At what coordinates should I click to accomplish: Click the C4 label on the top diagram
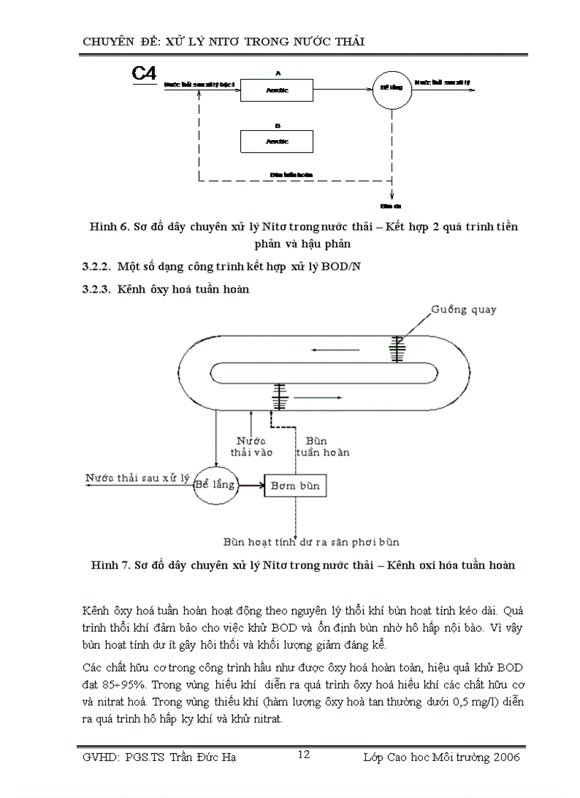coord(144,73)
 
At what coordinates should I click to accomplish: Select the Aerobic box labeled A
coord(276,90)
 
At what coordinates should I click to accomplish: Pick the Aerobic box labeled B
coord(276,141)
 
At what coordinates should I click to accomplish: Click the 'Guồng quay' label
coord(463,310)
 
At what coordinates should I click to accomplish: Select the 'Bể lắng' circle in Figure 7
coord(215,484)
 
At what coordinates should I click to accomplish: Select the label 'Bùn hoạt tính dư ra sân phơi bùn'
coord(311,541)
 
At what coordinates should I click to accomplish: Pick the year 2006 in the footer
coord(505,757)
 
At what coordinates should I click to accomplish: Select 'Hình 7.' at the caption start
coord(109,566)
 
